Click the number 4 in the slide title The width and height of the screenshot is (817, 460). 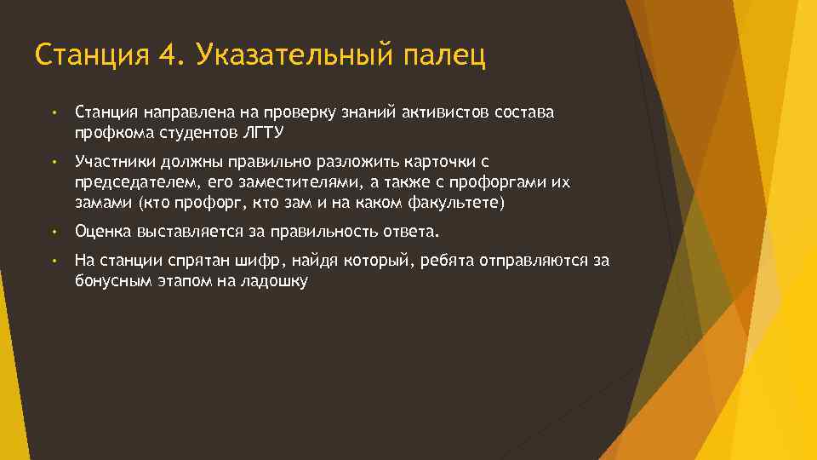tap(168, 55)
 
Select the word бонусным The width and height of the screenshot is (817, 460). tap(108, 281)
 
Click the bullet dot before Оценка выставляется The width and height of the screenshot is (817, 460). tap(53, 232)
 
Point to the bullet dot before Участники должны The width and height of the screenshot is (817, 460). tap(53, 162)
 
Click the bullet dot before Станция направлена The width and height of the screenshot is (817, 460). tap(53, 112)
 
